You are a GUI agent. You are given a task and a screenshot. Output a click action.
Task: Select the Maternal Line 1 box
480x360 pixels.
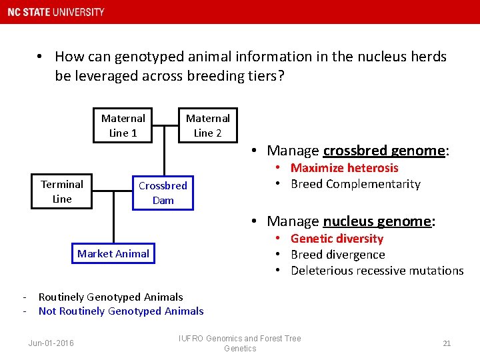click(x=123, y=125)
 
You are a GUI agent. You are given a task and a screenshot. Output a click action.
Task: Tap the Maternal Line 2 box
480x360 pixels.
click(x=207, y=125)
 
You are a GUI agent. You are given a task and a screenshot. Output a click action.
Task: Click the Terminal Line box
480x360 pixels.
click(x=62, y=191)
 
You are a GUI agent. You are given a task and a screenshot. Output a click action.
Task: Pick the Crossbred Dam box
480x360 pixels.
click(x=163, y=193)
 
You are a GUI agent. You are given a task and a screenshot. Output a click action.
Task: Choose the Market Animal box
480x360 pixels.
click(x=113, y=253)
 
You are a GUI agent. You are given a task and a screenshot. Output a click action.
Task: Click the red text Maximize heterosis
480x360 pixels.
click(x=344, y=168)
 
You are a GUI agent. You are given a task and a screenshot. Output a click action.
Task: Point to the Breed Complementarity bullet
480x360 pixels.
click(x=355, y=184)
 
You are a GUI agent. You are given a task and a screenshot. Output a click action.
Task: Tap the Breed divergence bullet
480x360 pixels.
click(x=337, y=255)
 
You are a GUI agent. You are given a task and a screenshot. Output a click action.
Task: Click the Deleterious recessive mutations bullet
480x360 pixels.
click(x=377, y=271)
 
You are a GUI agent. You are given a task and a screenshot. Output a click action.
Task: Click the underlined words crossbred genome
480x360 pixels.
click(x=383, y=151)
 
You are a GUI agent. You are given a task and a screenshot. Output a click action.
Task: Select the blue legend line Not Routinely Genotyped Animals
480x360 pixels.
click(x=121, y=311)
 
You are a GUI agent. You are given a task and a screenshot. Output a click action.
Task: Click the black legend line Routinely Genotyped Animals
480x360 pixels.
click(x=110, y=297)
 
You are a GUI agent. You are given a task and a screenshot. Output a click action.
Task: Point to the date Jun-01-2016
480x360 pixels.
click(x=51, y=343)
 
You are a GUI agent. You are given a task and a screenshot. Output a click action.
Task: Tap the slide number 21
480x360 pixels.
click(x=447, y=343)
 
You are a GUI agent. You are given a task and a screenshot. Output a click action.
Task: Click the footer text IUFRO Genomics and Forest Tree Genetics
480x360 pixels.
click(x=240, y=343)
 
